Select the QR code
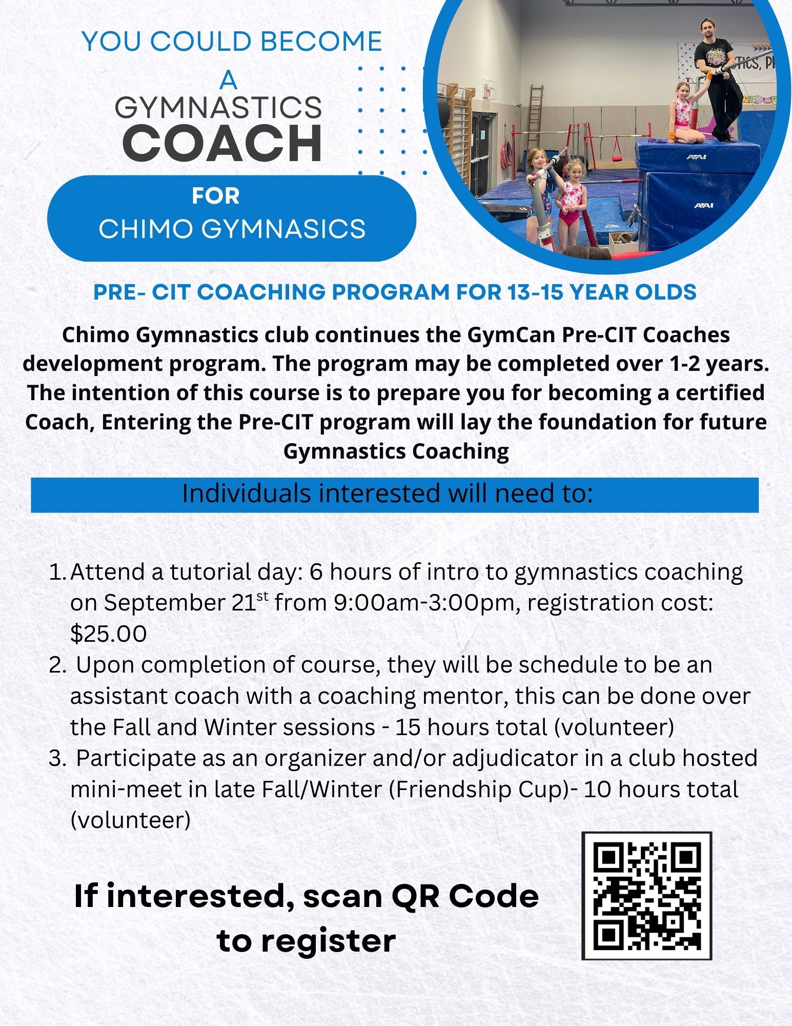pos(647,896)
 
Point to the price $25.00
pos(109,634)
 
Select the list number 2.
pos(57,665)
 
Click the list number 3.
pos(57,758)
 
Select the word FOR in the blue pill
pos(215,196)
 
